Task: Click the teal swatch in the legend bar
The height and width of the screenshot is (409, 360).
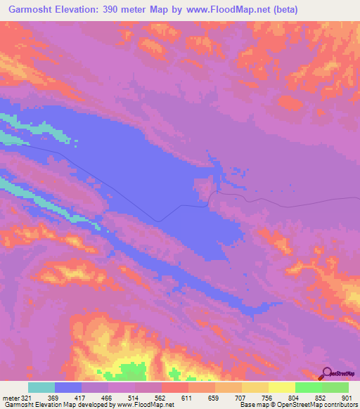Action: (x=41, y=387)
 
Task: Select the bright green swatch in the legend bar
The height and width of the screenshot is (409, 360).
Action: (x=309, y=387)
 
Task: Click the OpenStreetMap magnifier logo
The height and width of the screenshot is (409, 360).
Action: (x=326, y=374)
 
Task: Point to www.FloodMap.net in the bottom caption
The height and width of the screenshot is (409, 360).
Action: (x=147, y=405)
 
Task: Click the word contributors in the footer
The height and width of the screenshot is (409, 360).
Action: (x=340, y=405)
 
